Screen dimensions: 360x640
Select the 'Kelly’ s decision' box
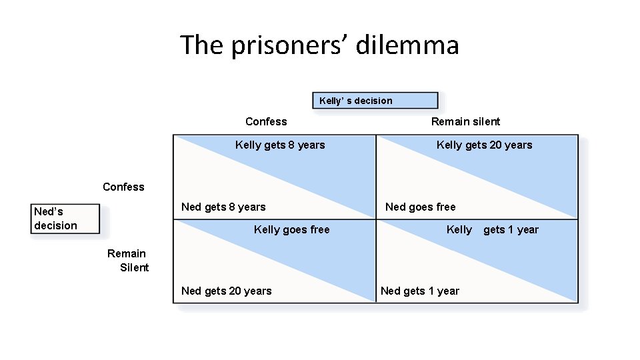pyautogui.click(x=375, y=101)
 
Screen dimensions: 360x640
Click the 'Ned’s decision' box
pyautogui.click(x=65, y=219)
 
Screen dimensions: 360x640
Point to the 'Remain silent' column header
pyautogui.click(x=465, y=121)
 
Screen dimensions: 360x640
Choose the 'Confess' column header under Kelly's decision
pyautogui.click(x=266, y=121)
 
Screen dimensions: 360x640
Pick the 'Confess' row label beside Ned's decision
pyautogui.click(x=123, y=187)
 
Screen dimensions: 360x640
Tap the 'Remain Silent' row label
pyautogui.click(x=129, y=260)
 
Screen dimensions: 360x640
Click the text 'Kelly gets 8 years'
pyautogui.click(x=280, y=145)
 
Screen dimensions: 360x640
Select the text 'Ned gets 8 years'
pyautogui.click(x=223, y=207)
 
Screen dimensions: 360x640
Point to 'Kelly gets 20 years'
pyautogui.click(x=484, y=145)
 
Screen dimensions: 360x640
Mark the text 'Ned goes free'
pyautogui.click(x=420, y=207)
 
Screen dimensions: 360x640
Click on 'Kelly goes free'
pyautogui.click(x=291, y=229)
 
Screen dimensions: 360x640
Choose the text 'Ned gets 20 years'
pyautogui.click(x=227, y=291)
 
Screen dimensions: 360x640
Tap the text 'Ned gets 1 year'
pyautogui.click(x=420, y=291)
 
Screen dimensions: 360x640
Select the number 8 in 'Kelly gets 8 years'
pyautogui.click(x=291, y=145)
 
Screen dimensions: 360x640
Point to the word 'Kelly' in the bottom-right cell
pyautogui.click(x=459, y=229)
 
